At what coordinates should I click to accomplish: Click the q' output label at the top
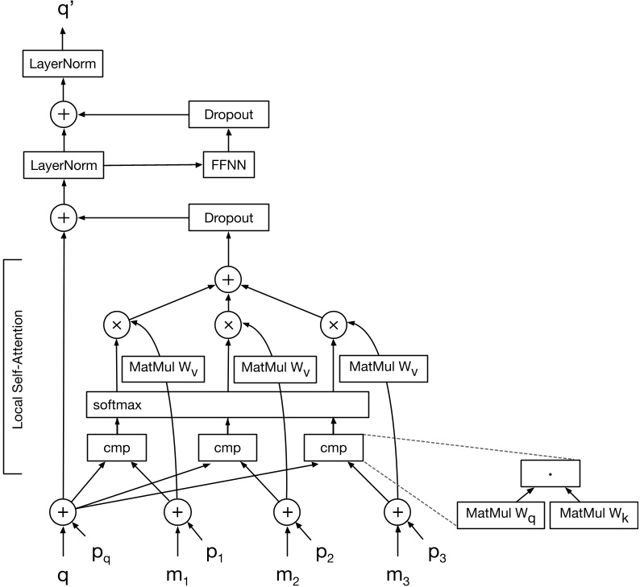click(63, 11)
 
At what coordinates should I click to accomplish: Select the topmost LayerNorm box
click(63, 63)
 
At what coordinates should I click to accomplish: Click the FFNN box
click(228, 167)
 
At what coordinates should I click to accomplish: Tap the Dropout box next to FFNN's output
click(228, 115)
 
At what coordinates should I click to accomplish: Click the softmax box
click(226, 404)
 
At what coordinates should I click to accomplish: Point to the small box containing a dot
click(550, 473)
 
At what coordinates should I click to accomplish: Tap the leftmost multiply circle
click(118, 325)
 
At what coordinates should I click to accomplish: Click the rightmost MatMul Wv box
click(384, 369)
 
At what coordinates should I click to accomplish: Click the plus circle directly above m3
click(396, 511)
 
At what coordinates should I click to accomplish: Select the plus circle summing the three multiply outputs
click(227, 279)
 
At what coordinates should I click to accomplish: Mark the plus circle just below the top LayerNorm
click(63, 115)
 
